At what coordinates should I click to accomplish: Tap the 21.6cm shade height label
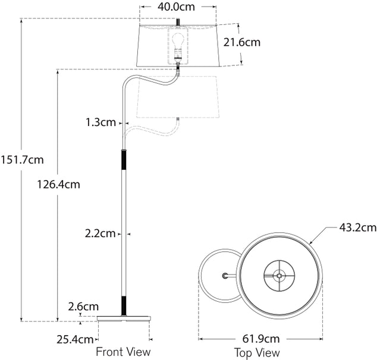(242, 42)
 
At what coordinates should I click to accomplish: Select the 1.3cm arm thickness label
(99, 122)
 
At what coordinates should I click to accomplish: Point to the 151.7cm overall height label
(23, 159)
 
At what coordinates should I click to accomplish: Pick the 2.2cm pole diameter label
(99, 233)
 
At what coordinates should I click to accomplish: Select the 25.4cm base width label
(76, 339)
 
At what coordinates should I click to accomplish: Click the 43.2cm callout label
(357, 227)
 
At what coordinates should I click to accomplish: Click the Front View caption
(123, 352)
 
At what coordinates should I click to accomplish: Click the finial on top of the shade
(177, 21)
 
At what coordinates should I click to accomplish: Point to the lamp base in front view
(124, 320)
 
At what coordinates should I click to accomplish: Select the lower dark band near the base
(124, 305)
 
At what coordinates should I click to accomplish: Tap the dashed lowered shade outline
(178, 98)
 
